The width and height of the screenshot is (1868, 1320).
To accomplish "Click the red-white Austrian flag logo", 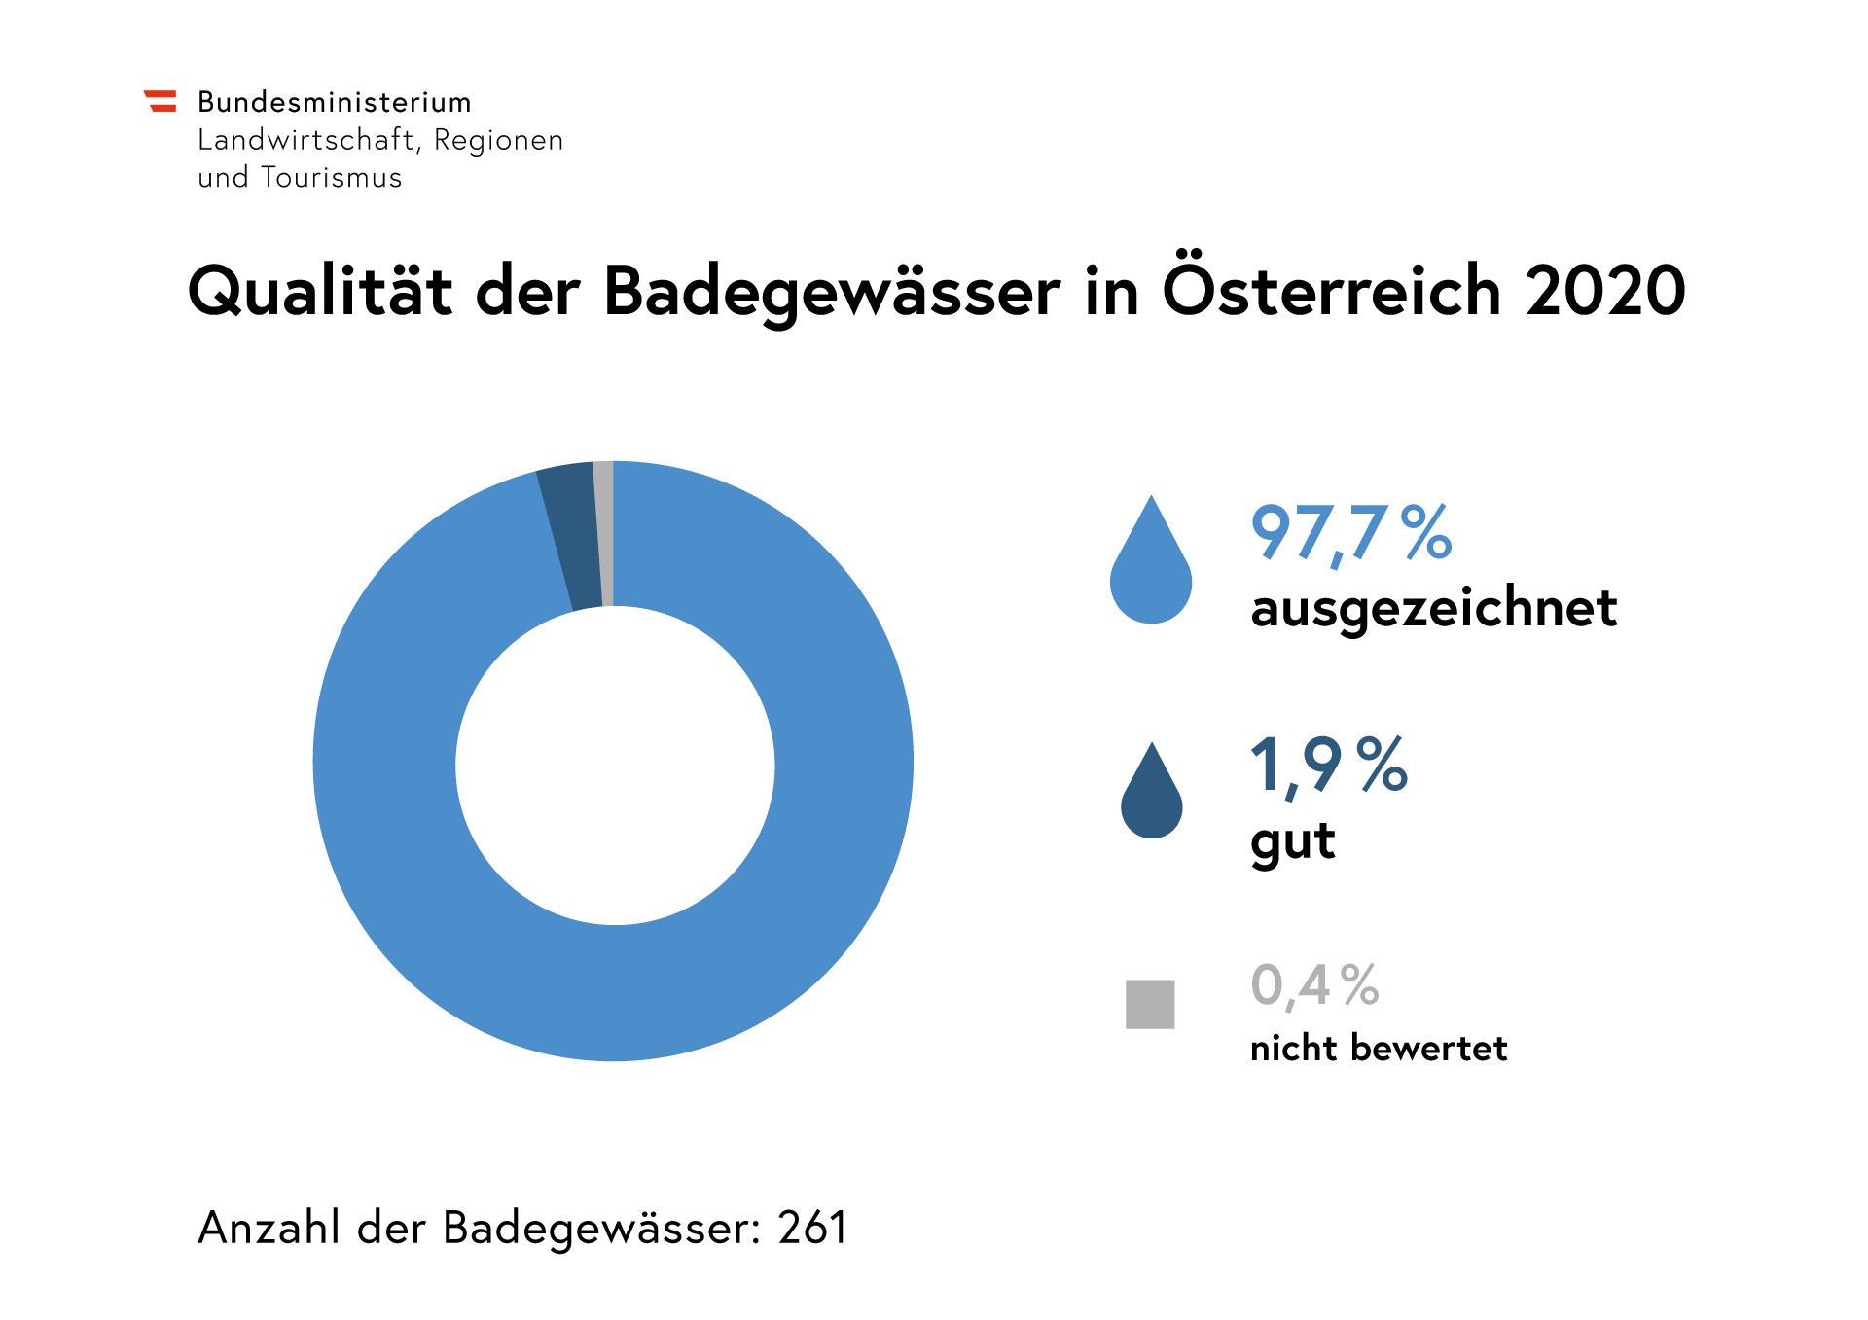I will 161,101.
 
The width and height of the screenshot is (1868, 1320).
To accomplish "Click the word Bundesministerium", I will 334,102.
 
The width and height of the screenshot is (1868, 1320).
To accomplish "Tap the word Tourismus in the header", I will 331,178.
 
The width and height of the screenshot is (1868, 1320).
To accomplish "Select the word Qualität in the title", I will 319,292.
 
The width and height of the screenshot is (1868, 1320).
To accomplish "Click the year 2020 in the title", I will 1604,291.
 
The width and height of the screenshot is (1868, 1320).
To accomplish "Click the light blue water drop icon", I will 1151,569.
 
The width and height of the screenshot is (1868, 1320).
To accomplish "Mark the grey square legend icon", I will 1150,1004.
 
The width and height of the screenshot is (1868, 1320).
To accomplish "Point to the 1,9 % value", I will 1328,766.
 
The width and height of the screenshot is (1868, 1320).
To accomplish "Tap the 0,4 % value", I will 1314,985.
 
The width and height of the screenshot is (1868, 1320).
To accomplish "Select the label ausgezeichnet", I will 1433,609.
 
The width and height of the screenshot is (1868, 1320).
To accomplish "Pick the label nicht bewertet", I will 1378,1049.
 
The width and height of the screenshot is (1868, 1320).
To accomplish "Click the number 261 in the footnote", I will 812,1228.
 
